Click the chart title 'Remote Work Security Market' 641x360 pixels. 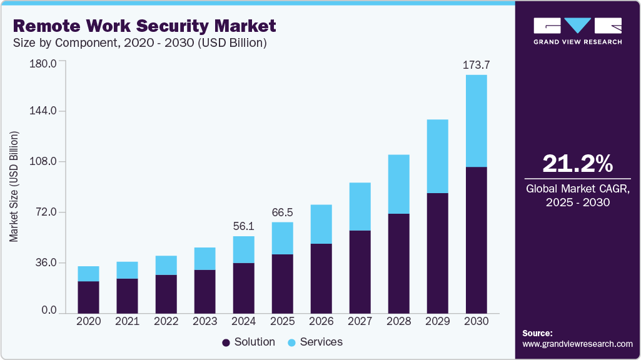tap(144, 26)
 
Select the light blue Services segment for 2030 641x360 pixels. tap(477, 121)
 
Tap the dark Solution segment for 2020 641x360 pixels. tap(89, 297)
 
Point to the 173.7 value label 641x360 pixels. tap(476, 64)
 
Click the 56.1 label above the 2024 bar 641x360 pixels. tap(244, 226)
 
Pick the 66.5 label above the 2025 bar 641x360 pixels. tap(282, 212)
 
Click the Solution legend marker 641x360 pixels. tap(226, 342)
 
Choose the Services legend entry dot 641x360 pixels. tap(291, 342)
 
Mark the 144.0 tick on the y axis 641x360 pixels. tap(44, 111)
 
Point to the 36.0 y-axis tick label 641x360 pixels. tap(44, 263)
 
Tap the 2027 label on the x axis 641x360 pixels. tap(360, 321)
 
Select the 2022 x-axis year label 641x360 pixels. tap(166, 321)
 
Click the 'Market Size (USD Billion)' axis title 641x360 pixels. tap(14, 187)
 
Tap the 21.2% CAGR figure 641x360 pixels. tap(577, 163)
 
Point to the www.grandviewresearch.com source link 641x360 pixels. tap(577, 344)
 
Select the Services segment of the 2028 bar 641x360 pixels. tap(399, 184)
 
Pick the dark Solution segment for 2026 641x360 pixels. tap(321, 278)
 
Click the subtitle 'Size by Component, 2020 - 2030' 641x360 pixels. tap(140, 43)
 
